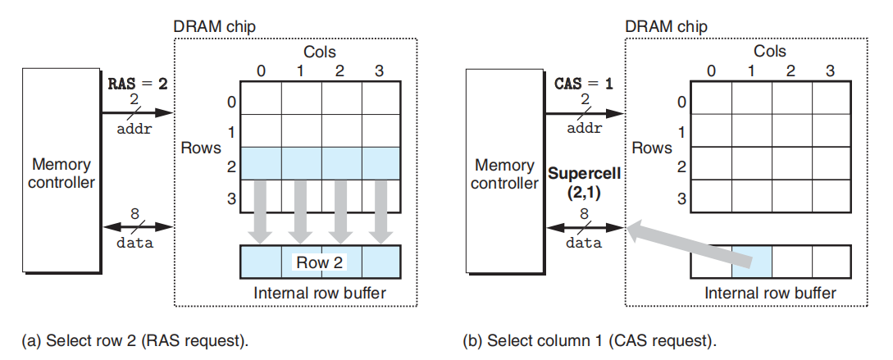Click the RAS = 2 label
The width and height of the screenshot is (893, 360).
click(139, 84)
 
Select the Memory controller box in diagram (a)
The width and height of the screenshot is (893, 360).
click(61, 171)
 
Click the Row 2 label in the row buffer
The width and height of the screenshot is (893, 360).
click(321, 263)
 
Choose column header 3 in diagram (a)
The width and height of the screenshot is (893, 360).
click(380, 71)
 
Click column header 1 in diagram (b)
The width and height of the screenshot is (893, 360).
click(750, 71)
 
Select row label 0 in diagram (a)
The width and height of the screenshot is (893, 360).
click(230, 103)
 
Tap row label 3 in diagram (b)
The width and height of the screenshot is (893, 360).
click(681, 199)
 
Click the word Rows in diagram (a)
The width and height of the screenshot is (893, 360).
click(201, 148)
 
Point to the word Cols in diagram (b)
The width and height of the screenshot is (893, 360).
click(770, 52)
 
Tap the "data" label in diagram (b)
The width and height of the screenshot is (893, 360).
click(584, 243)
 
